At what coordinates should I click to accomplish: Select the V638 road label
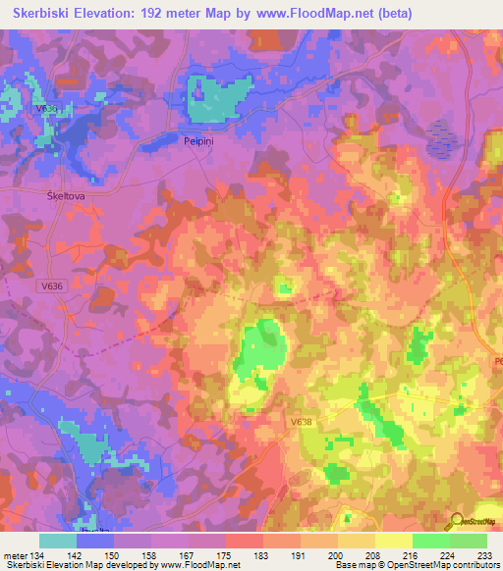coord(302,422)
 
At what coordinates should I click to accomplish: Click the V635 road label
coord(45,109)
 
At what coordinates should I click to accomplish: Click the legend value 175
coord(206,556)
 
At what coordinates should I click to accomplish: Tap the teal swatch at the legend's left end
coord(58,541)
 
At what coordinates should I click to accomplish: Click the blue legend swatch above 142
coord(95,541)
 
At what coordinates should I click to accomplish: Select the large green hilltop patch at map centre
coord(260,348)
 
